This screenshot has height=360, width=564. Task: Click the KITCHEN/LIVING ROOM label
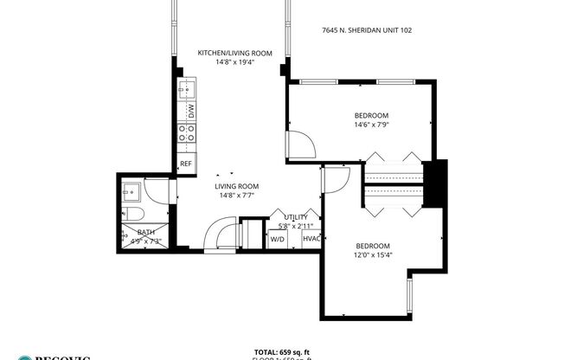pyautogui.click(x=234, y=53)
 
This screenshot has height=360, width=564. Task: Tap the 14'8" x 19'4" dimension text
pyautogui.click(x=234, y=62)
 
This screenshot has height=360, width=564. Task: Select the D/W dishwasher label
pyautogui.click(x=186, y=112)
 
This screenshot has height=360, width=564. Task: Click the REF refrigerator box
pyautogui.click(x=185, y=164)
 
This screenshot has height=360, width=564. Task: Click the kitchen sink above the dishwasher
pyautogui.click(x=186, y=90)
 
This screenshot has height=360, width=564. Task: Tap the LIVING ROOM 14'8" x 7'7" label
pyautogui.click(x=237, y=190)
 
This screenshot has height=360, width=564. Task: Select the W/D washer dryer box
pyautogui.click(x=278, y=239)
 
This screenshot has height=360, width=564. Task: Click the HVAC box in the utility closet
pyautogui.click(x=311, y=239)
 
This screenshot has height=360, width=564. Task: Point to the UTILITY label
pyautogui.click(x=296, y=217)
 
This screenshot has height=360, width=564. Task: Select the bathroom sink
pyautogui.click(x=132, y=191)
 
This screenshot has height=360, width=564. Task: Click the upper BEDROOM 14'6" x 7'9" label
pyautogui.click(x=371, y=120)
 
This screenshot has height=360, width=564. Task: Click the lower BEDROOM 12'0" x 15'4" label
pyautogui.click(x=372, y=250)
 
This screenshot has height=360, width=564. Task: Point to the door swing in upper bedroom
pyautogui.click(x=298, y=144)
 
